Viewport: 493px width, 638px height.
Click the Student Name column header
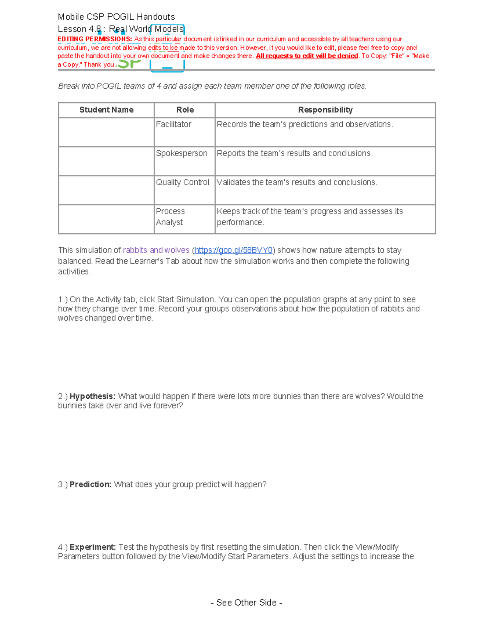pos(106,110)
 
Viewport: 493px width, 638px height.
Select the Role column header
pos(185,110)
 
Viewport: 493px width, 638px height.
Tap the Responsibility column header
pos(325,110)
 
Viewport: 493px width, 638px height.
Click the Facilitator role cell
pos(174,124)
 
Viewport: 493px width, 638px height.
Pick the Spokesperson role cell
pos(182,153)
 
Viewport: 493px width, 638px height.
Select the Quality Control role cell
pos(182,182)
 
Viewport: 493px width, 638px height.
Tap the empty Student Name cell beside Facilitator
pos(106,132)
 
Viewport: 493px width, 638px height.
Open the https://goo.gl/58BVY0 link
pos(233,250)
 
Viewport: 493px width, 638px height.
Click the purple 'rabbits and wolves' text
pos(156,250)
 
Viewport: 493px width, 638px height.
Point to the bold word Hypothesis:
pos(92,396)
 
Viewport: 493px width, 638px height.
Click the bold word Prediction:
pos(90,485)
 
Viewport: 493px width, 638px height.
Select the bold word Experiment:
pos(93,547)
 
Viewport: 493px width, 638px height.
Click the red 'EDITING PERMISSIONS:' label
pos(95,39)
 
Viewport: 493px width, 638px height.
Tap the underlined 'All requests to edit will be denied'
pos(307,56)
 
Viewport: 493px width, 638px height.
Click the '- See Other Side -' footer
pos(246,603)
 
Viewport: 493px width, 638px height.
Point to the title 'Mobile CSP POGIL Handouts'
pos(116,17)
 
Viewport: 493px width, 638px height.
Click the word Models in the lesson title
pos(169,29)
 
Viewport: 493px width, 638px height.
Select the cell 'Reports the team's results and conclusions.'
pos(295,153)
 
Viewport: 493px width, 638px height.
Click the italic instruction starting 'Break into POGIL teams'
pos(212,86)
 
